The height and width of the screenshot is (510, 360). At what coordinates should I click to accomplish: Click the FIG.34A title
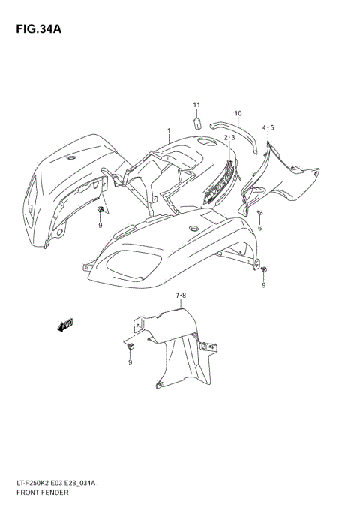tap(36, 30)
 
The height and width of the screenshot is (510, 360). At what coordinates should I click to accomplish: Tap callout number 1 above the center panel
tap(169, 131)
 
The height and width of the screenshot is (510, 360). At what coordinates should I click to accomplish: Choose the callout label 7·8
tap(181, 296)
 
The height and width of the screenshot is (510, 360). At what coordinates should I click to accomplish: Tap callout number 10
tap(238, 114)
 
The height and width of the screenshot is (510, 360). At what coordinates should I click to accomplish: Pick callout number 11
tap(196, 104)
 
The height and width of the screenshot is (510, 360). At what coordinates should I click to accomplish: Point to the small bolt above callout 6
tap(259, 213)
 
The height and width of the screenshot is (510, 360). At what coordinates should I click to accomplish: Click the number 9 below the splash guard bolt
tap(129, 362)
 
